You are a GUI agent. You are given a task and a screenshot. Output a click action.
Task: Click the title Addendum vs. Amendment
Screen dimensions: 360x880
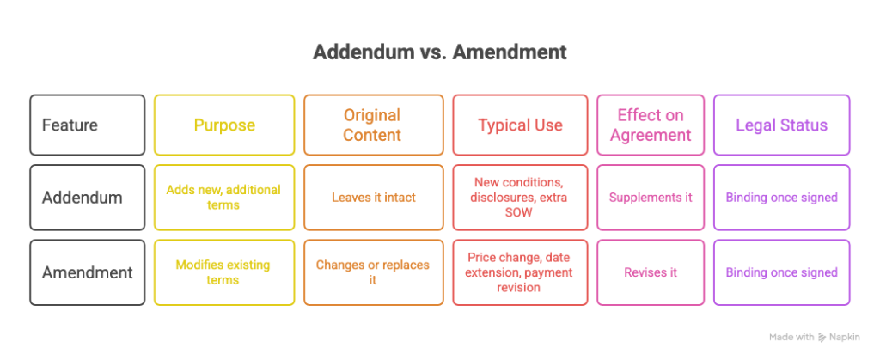(x=439, y=52)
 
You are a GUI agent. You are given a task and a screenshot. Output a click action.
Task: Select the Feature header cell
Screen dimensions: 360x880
(x=88, y=125)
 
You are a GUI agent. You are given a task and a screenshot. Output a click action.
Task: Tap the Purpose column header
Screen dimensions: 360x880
(x=224, y=125)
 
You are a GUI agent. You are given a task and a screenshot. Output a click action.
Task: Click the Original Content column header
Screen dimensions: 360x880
(x=373, y=125)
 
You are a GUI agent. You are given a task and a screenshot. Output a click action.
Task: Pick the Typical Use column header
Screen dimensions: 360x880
(x=520, y=125)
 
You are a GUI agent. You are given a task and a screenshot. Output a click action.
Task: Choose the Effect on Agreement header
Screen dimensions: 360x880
(x=651, y=125)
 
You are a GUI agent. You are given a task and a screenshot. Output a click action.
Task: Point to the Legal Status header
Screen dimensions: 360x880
(x=781, y=125)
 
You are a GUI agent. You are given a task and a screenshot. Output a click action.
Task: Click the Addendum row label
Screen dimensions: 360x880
(x=88, y=198)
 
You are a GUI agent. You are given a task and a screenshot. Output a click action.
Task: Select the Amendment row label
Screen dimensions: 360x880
(x=88, y=272)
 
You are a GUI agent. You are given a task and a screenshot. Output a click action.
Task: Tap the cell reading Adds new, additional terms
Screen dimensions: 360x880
(x=224, y=198)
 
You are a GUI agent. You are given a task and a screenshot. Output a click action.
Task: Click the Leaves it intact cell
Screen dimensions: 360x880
(x=373, y=198)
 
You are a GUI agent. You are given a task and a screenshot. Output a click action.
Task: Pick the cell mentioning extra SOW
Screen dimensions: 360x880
(x=520, y=198)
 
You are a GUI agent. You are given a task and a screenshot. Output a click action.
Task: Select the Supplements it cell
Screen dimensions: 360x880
(x=651, y=198)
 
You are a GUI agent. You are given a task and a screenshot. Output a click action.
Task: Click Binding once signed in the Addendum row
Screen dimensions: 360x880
(x=781, y=198)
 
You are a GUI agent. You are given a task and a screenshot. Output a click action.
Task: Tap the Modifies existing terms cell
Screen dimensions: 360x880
(x=224, y=272)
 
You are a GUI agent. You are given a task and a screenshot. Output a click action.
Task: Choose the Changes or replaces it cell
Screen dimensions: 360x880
(x=373, y=272)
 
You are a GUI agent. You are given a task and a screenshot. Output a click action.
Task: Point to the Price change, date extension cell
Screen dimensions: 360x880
(x=520, y=272)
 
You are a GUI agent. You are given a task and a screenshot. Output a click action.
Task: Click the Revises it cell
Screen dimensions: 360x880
(x=651, y=272)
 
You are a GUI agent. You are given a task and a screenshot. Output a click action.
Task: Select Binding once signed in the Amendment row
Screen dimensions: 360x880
(x=781, y=272)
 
